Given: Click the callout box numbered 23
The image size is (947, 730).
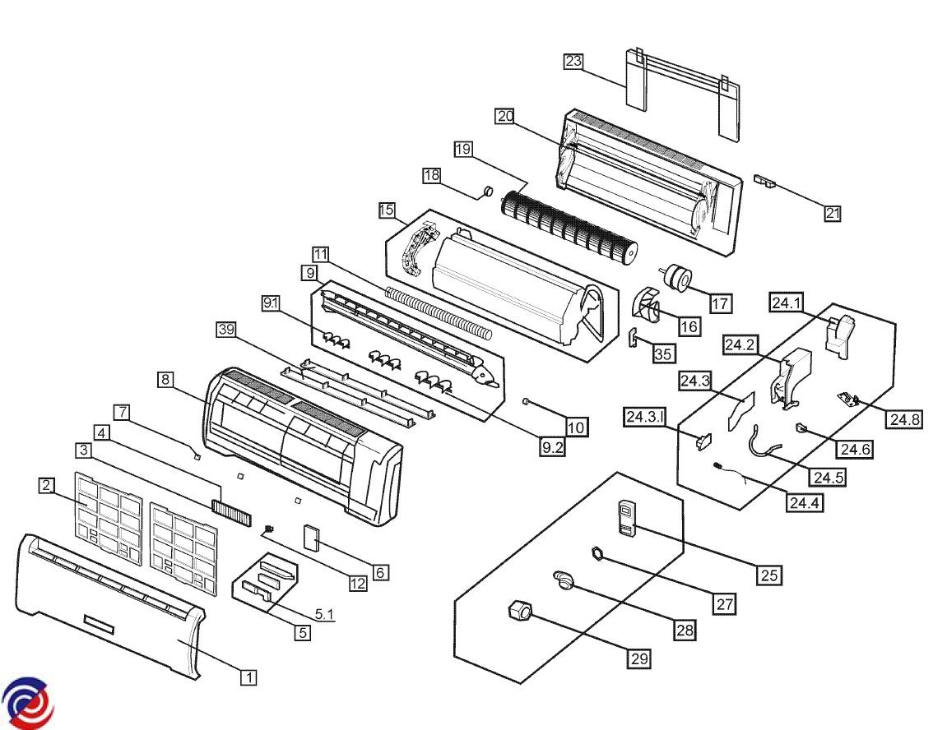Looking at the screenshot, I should tap(573, 61).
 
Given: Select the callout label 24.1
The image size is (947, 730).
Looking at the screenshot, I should tap(786, 303).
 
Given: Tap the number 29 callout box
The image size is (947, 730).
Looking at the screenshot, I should tap(639, 658).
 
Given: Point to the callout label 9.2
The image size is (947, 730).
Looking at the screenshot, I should tap(551, 449).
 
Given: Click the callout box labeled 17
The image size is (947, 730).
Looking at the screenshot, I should tap(720, 303).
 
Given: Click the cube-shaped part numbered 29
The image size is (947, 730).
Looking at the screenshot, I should tap(520, 612).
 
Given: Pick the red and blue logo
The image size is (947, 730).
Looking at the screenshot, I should tap(26, 704).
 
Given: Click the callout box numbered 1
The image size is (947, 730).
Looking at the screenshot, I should tap(248, 677).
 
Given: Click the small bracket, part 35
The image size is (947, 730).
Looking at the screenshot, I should tap(634, 338).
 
